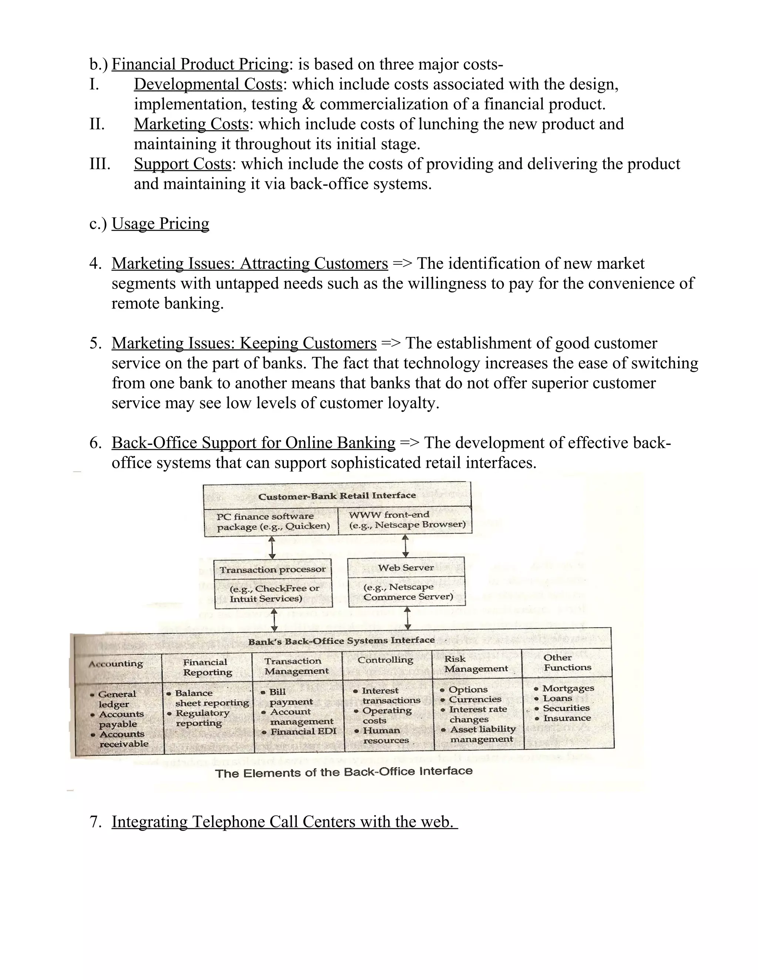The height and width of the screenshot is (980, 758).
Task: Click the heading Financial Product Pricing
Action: click(200, 65)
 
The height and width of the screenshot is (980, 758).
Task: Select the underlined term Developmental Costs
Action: click(208, 84)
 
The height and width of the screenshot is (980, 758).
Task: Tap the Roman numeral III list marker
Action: click(100, 164)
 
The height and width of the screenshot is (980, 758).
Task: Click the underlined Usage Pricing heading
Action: click(160, 223)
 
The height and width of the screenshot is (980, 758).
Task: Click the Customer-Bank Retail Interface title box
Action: click(337, 496)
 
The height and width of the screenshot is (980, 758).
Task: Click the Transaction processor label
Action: click(272, 570)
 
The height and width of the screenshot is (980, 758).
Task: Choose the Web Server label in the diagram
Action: click(406, 568)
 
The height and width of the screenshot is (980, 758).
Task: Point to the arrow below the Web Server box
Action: click(407, 618)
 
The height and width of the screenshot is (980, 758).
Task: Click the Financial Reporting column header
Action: click(207, 667)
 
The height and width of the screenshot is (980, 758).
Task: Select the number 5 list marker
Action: click(95, 343)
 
